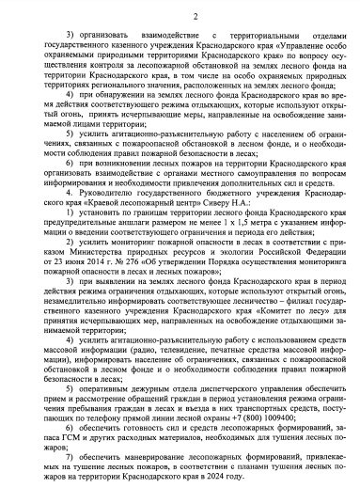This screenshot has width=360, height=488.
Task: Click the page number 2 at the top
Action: (180, 15)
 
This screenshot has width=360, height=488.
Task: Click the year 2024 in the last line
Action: (248, 478)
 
